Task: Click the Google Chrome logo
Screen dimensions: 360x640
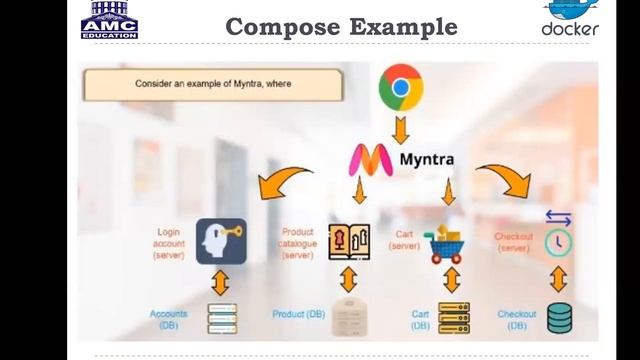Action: click(401, 89)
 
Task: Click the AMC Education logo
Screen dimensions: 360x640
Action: click(109, 19)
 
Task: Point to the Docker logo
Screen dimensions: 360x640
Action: click(570, 18)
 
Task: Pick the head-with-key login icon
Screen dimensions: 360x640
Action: click(221, 241)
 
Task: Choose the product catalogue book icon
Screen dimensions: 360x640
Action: click(349, 241)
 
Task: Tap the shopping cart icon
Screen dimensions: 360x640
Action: click(446, 241)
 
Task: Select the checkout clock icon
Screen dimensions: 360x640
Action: click(557, 235)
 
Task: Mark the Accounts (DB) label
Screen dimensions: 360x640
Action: click(169, 319)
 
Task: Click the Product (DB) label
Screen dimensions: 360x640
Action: click(298, 314)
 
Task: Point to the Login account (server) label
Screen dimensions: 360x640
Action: click(169, 243)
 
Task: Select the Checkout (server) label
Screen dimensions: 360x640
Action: click(513, 242)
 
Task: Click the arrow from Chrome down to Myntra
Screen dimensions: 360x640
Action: click(401, 129)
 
